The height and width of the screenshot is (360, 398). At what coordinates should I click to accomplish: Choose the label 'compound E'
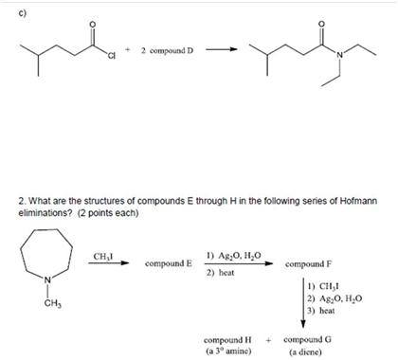(168, 262)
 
